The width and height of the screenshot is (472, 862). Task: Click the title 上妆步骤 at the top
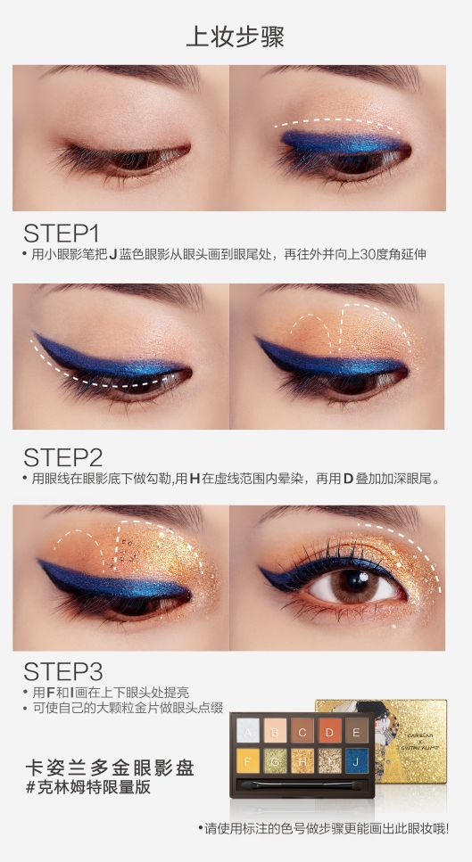[x=235, y=37]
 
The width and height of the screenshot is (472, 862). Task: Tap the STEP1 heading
[x=61, y=234]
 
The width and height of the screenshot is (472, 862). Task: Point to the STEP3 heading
[x=62, y=672]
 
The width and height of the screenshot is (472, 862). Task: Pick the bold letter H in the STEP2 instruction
[x=194, y=479]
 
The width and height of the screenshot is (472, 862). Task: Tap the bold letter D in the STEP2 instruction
[x=348, y=479]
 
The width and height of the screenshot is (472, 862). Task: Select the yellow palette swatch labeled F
[x=246, y=761]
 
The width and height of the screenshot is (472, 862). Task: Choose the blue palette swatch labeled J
[x=357, y=761]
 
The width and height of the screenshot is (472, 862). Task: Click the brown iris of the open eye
[x=352, y=583]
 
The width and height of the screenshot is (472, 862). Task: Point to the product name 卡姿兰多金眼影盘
[x=110, y=768]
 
